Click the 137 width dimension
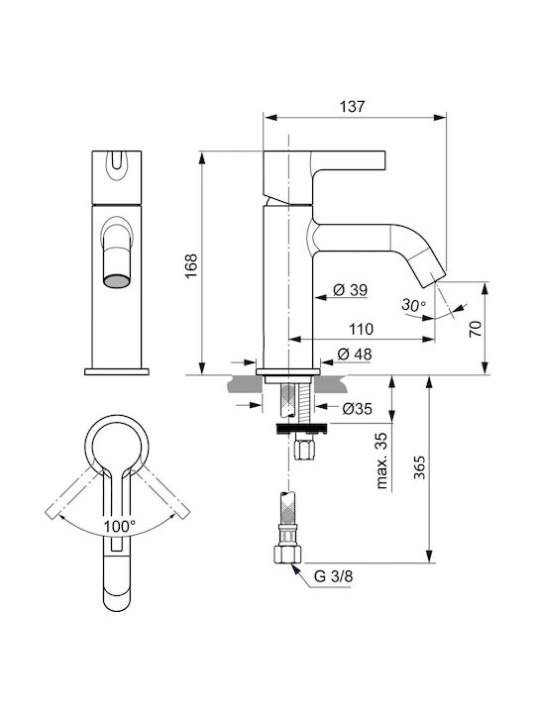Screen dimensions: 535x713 pyautogui.click(x=352, y=106)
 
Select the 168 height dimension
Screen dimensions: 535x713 pyautogui.click(x=191, y=265)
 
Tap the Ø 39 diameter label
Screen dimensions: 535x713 pyautogui.click(x=350, y=289)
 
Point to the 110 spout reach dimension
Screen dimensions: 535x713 pyautogui.click(x=361, y=329)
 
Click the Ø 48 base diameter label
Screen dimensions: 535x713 pyautogui.click(x=355, y=354)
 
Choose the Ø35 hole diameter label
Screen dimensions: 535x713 pyautogui.click(x=357, y=409)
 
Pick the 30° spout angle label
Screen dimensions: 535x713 pyautogui.click(x=413, y=305)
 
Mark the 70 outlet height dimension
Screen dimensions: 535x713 pyautogui.click(x=475, y=329)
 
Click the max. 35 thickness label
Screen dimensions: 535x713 pyautogui.click(x=381, y=460)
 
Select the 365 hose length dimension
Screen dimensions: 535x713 pyautogui.click(x=419, y=467)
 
